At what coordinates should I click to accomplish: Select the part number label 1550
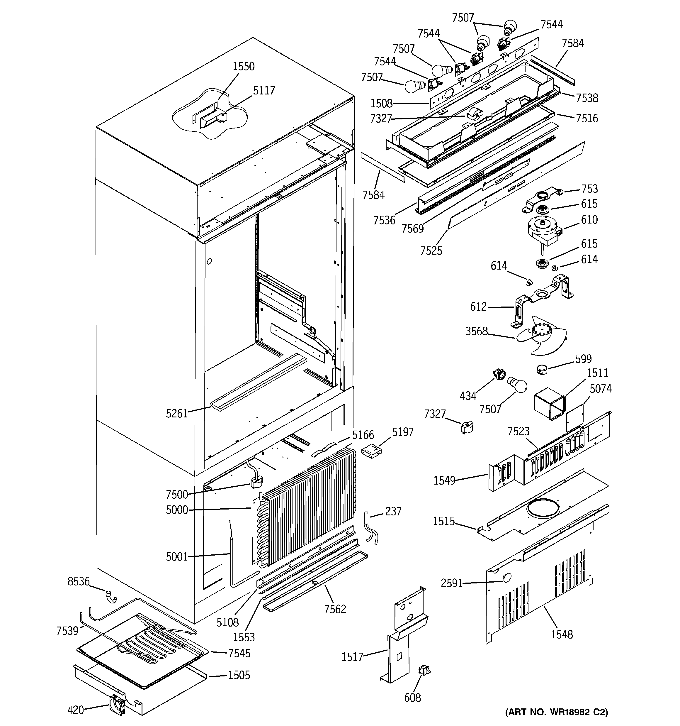244,67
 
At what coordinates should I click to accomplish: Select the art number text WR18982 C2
557,712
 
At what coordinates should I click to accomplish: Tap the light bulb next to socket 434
518,385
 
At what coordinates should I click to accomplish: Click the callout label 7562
335,609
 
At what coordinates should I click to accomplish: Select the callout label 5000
177,510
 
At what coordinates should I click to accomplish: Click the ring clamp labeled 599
543,370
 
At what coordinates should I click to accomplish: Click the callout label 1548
562,634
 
